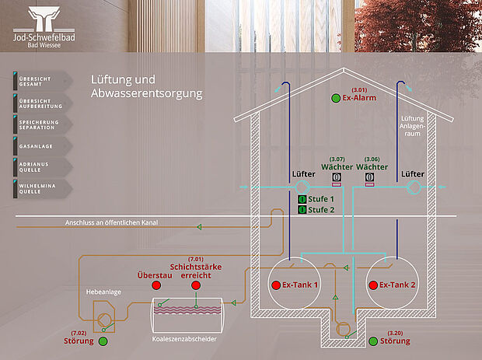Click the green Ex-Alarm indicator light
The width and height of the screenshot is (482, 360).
(335, 99)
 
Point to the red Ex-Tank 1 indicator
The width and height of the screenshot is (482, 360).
(274, 285)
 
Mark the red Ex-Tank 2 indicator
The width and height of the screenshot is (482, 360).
(373, 285)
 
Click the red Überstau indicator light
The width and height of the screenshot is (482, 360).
(155, 285)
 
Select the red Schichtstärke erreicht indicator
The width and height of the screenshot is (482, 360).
(196, 285)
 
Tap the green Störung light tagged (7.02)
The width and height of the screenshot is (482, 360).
(102, 341)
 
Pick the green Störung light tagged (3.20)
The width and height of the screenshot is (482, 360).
(374, 341)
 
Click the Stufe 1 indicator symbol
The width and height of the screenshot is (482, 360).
(302, 200)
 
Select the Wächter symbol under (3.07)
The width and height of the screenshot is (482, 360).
(337, 178)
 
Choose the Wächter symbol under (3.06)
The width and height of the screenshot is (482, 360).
(369, 178)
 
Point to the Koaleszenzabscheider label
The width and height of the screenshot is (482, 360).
(184, 340)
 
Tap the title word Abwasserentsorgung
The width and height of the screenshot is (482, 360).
(146, 94)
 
